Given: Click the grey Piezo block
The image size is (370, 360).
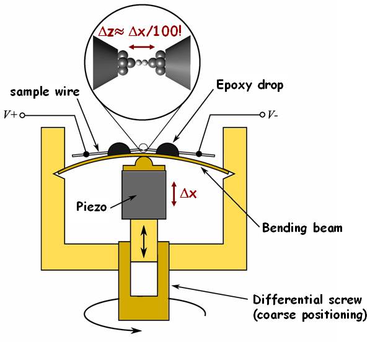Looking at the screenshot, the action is [144, 195].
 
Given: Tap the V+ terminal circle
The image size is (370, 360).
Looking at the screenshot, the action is [22, 115].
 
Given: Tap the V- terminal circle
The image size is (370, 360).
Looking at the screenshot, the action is [262, 115].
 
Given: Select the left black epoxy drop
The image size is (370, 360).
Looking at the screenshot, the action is [119, 149].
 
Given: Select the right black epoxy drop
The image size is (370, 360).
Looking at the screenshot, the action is [167, 149].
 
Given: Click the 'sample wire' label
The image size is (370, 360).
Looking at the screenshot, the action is [45, 92].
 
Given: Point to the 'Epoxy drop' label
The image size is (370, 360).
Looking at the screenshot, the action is [250, 85].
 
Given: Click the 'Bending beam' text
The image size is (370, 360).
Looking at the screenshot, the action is [302, 228].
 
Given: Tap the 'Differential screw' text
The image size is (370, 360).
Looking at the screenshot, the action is [307, 300].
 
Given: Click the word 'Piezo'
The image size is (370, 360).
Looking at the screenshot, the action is [92, 207].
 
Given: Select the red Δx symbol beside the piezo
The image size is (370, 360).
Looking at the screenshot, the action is [188, 194].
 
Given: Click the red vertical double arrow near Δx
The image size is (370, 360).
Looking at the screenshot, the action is [174, 194].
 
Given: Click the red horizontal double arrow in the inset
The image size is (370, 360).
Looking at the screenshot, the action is [142, 47].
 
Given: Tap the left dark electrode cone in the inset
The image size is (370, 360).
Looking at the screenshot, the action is [105, 63].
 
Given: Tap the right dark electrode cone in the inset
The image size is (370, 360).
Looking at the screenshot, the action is [178, 63].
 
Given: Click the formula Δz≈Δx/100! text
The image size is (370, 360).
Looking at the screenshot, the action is [140, 32].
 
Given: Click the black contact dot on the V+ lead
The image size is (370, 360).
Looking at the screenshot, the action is [86, 154].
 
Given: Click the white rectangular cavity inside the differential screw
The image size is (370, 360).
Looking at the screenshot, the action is [144, 279].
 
